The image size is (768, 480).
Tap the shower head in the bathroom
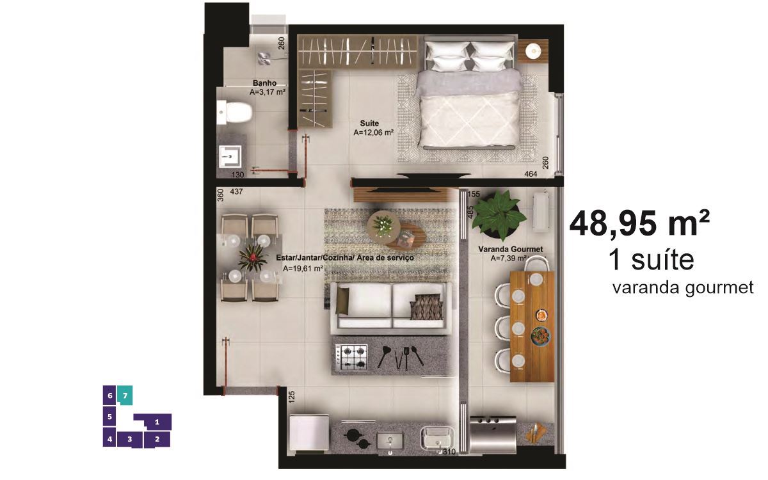[264, 59]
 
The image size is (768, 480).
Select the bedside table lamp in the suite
[532, 51]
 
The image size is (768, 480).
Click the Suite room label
[369, 123]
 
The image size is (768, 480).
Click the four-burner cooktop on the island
[351, 357]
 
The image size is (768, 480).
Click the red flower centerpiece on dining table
[253, 258]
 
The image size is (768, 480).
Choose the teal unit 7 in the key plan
[125, 396]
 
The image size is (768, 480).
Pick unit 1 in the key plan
[157, 422]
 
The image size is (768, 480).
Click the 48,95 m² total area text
[639, 224]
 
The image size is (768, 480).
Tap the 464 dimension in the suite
[531, 174]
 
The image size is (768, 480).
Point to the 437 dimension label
[236, 191]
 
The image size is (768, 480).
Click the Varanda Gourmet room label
[511, 249]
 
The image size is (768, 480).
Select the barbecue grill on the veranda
[493, 435]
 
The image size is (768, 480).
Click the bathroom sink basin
[230, 156]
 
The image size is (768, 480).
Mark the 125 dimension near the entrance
[291, 397]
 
